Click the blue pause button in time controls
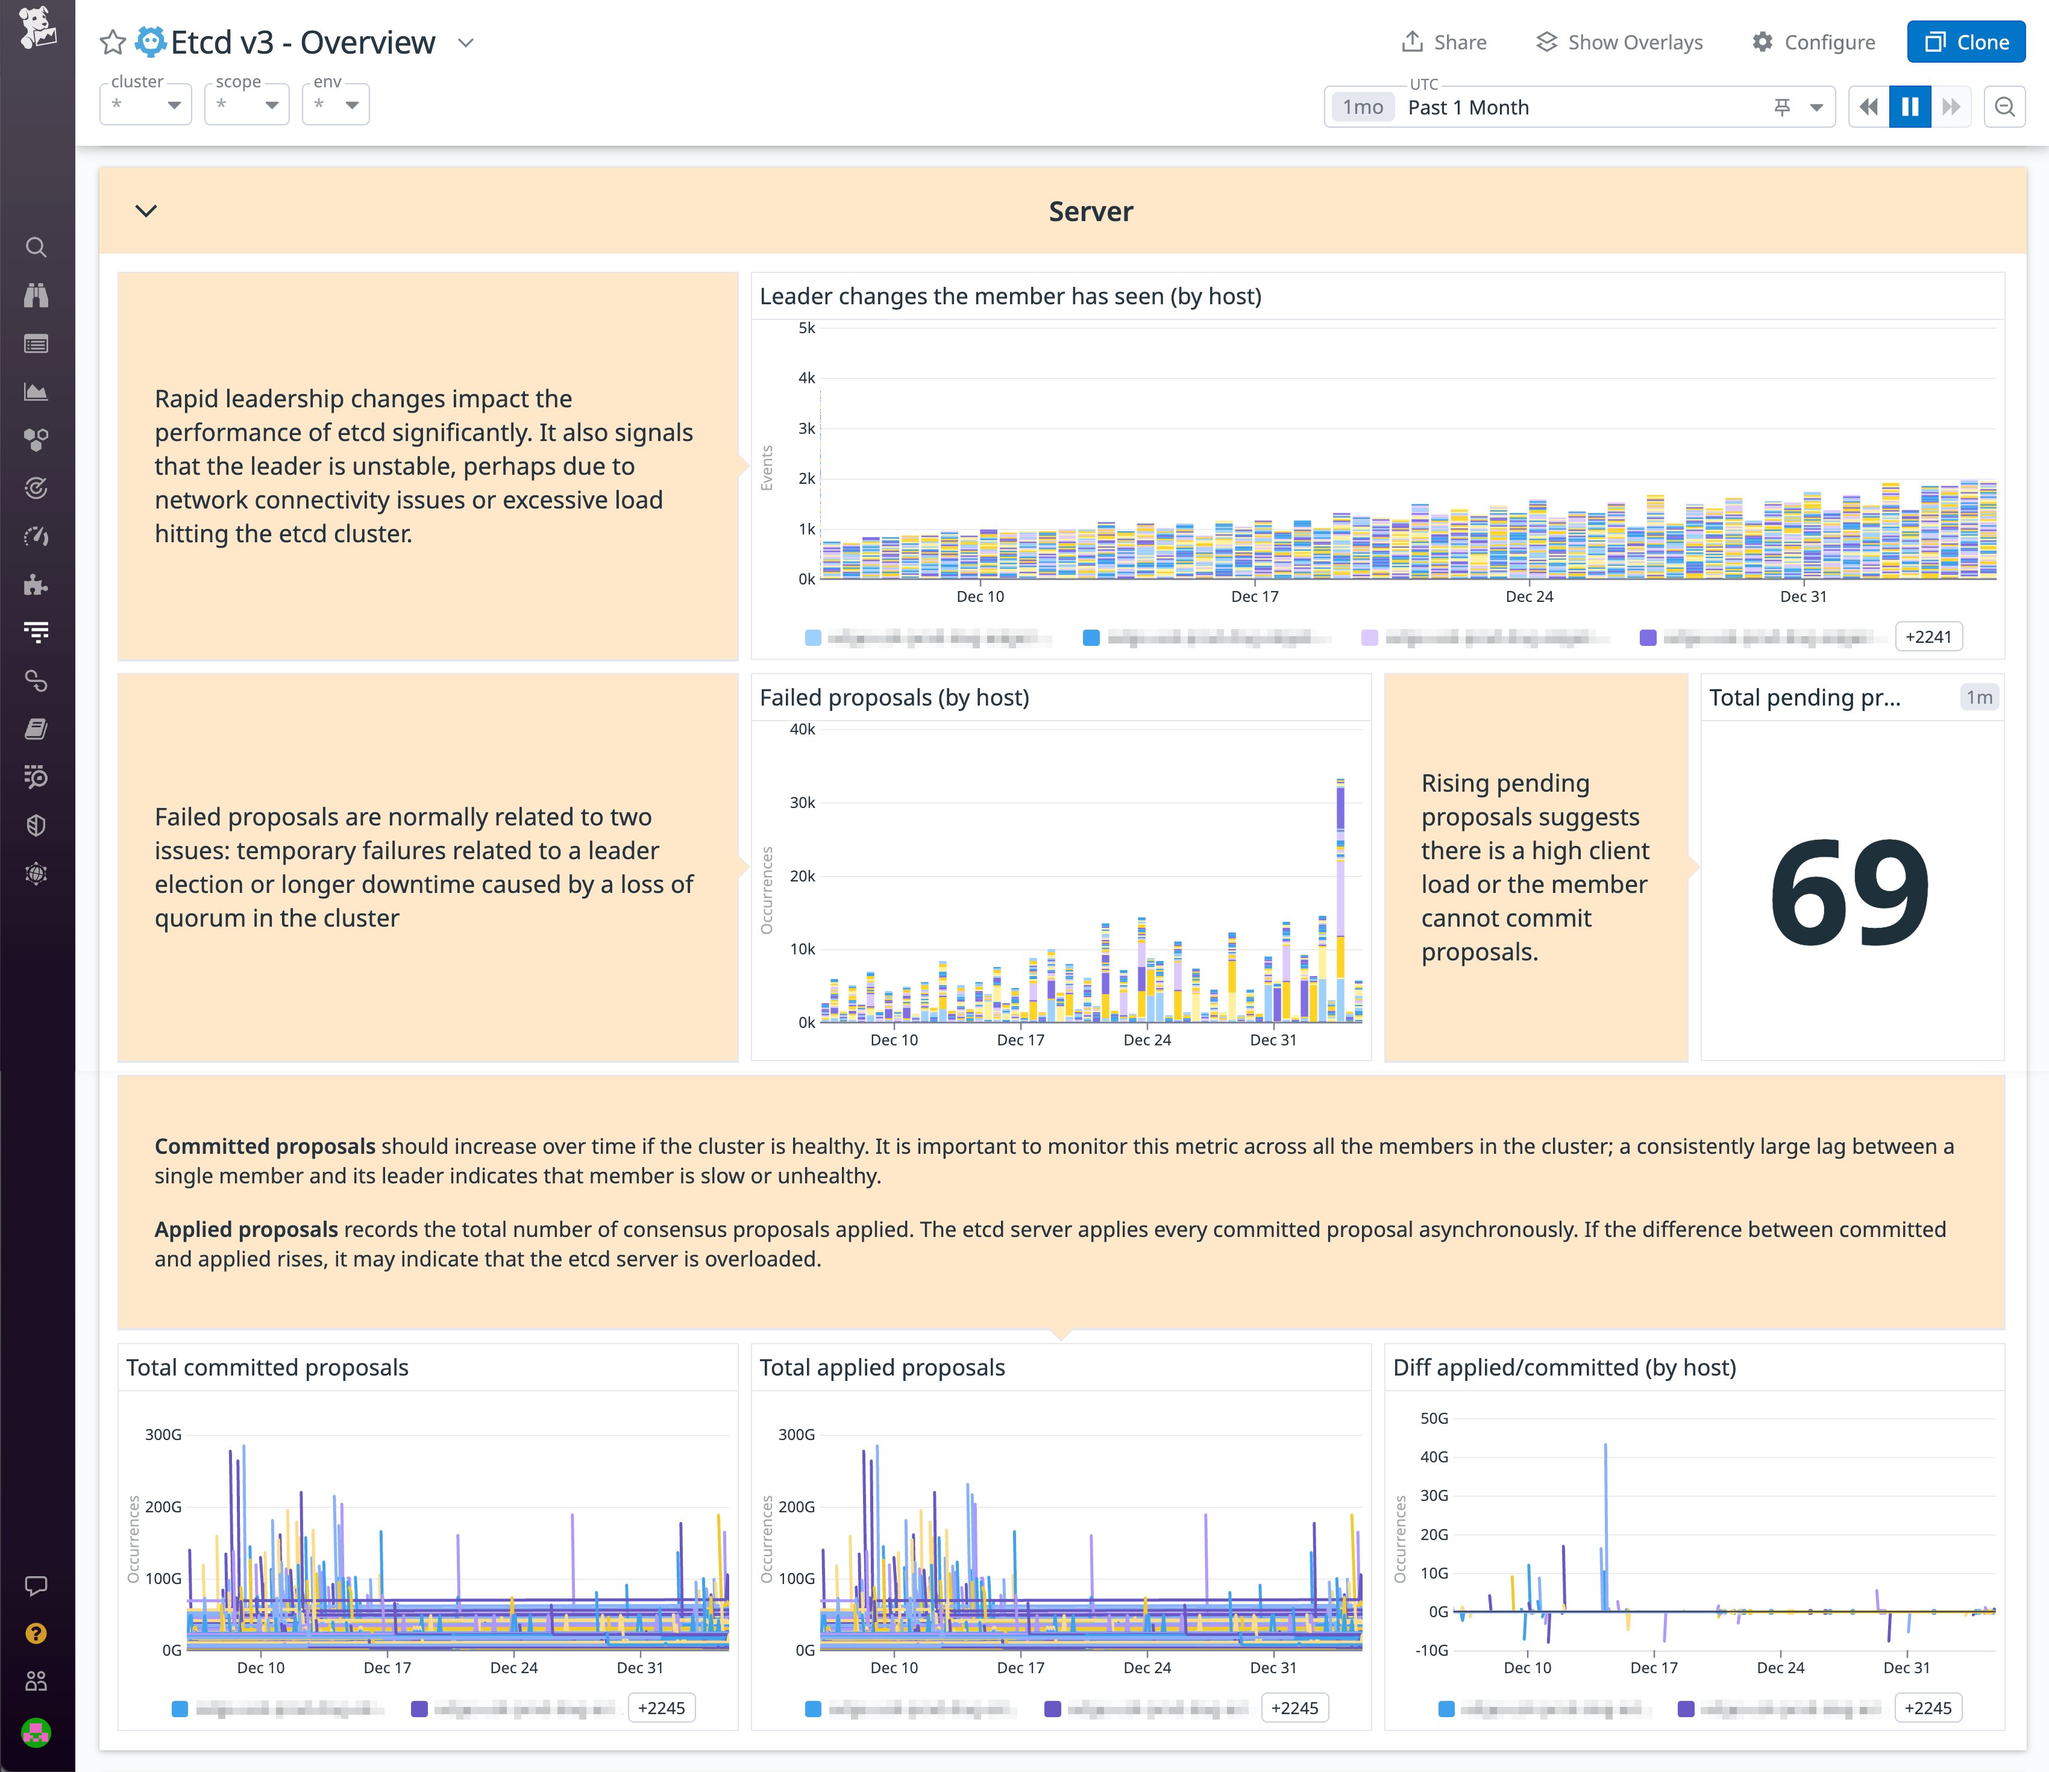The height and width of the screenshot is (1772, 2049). [1910, 107]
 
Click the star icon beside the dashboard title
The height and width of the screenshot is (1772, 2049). [113, 43]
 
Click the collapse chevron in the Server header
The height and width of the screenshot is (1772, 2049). [146, 211]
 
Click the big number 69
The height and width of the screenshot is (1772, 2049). [1850, 890]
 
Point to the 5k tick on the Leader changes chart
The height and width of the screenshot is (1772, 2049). [807, 328]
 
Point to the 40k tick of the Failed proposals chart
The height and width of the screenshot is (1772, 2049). [802, 730]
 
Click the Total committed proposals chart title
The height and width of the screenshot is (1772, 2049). [267, 1368]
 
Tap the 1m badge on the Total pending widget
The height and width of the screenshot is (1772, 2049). [1978, 697]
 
